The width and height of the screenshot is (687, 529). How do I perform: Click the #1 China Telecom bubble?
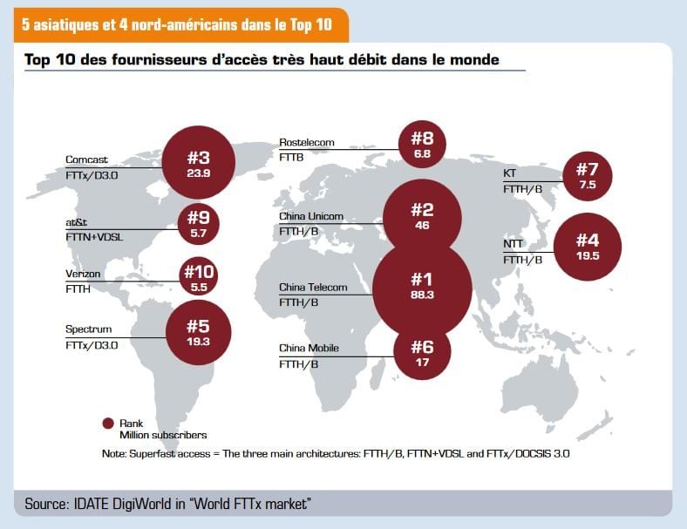click(x=422, y=285)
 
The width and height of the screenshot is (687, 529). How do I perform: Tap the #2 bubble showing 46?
click(x=422, y=215)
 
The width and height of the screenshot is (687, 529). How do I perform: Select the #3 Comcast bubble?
click(x=199, y=161)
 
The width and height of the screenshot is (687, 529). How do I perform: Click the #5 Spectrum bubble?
click(x=199, y=332)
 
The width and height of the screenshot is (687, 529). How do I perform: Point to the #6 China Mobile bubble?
click(x=422, y=352)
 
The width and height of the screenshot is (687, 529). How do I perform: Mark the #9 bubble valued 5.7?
click(x=199, y=224)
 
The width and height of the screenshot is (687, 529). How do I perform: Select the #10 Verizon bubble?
click(x=199, y=278)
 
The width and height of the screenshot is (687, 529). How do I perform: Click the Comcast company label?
click(x=87, y=159)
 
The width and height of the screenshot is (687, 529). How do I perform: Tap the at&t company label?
click(x=78, y=222)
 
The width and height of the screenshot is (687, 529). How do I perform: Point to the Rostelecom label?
click(x=306, y=142)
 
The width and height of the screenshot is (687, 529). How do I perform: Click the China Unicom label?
click(x=311, y=216)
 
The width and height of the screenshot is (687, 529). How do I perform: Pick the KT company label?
click(x=509, y=173)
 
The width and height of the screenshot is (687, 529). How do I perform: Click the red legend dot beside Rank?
click(x=108, y=424)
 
